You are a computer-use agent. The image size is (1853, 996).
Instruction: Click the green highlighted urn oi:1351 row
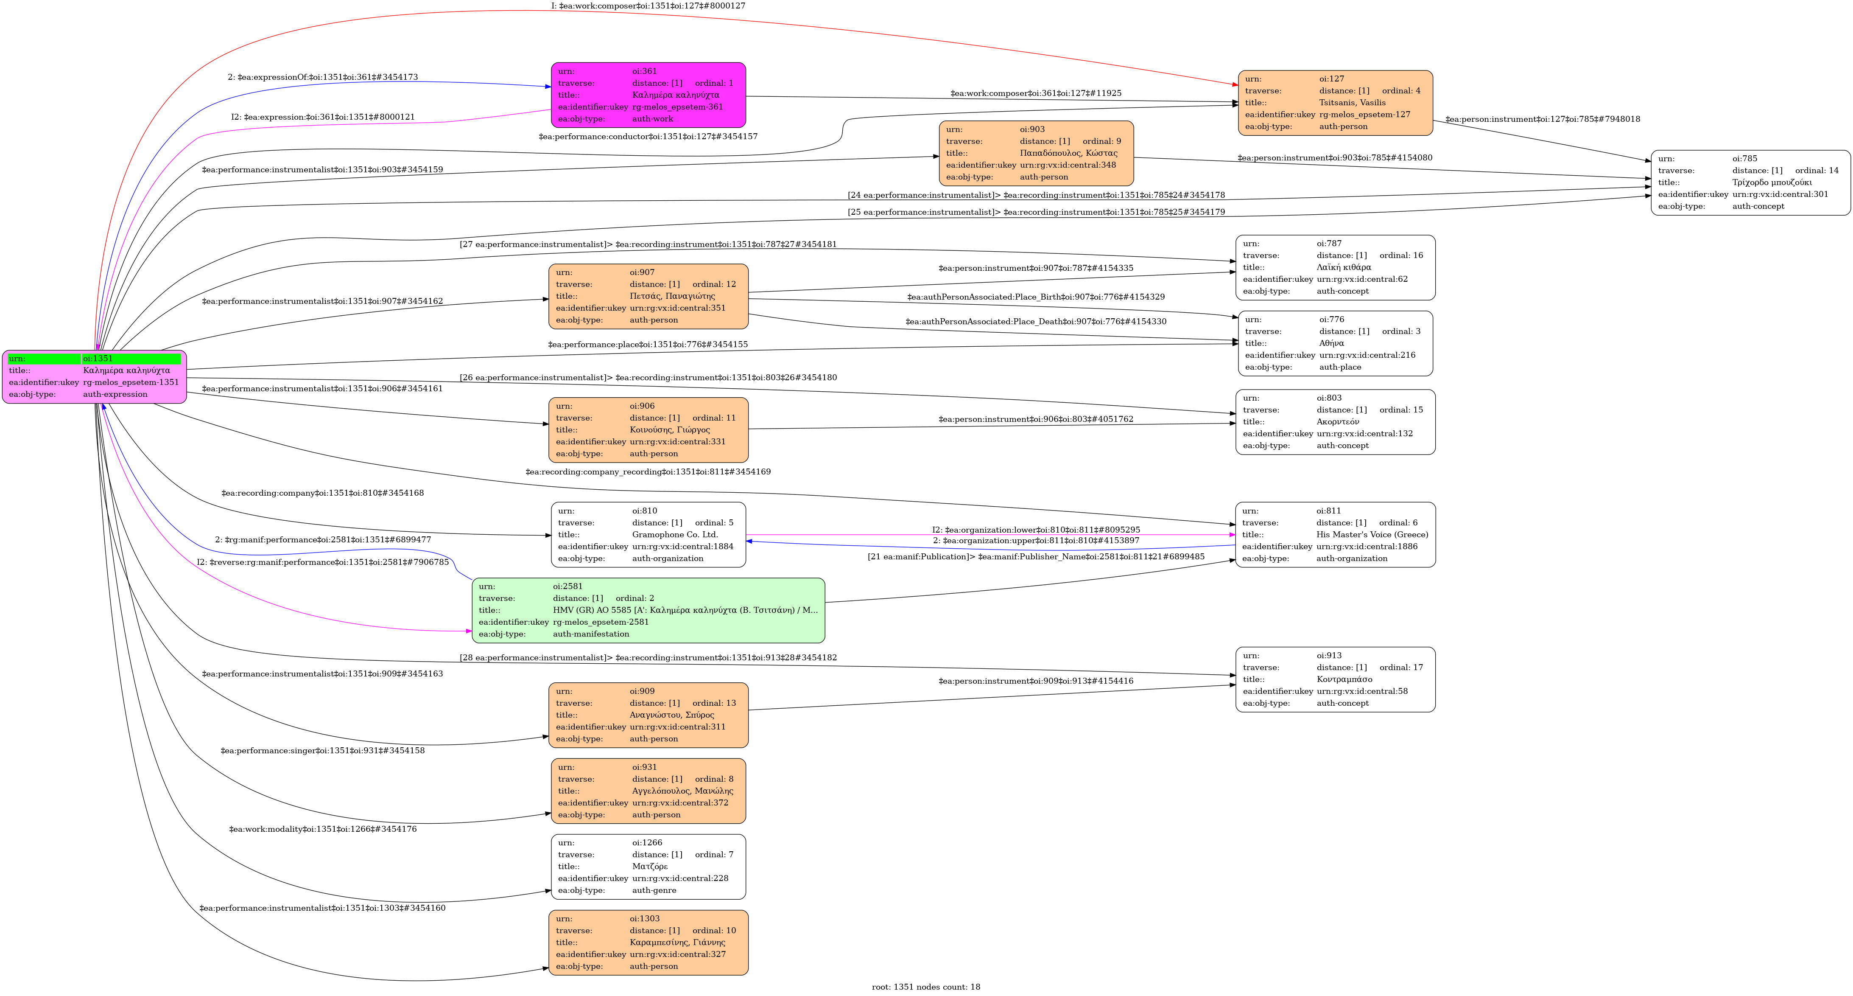[94, 359]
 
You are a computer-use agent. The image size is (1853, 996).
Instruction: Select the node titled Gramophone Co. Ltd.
[648, 535]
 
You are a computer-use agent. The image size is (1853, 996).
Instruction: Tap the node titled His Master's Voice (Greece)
[1335, 535]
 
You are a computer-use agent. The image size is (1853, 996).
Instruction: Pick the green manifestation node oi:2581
[648, 610]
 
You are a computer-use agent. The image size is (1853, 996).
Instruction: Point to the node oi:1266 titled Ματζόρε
[648, 867]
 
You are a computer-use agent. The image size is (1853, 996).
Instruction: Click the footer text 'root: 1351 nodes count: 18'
[926, 987]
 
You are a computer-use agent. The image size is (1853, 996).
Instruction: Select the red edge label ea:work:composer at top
[648, 6]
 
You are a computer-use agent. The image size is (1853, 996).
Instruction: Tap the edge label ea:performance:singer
[322, 751]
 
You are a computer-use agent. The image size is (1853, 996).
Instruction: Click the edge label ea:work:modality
[322, 829]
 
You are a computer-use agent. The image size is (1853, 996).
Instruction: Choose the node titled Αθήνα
[1335, 343]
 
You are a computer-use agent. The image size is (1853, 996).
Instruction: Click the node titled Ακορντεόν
[1335, 422]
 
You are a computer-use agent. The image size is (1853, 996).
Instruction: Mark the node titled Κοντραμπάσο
[1335, 679]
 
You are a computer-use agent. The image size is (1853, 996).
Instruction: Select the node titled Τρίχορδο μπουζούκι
[1750, 183]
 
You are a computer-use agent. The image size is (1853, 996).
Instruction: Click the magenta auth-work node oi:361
[648, 95]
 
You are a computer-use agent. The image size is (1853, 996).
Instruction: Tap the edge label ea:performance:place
[647, 345]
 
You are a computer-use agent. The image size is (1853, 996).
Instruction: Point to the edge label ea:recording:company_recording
[647, 472]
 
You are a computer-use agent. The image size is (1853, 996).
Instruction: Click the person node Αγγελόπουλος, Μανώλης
[648, 791]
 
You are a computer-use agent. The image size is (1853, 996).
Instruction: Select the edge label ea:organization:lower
[1036, 530]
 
